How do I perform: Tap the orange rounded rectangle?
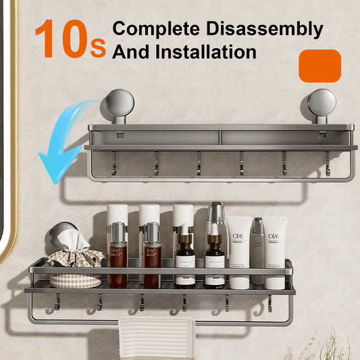tap(319, 66)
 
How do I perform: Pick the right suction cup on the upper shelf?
tap(322, 103)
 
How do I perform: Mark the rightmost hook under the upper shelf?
tap(328, 163)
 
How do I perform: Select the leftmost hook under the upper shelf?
tap(113, 163)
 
